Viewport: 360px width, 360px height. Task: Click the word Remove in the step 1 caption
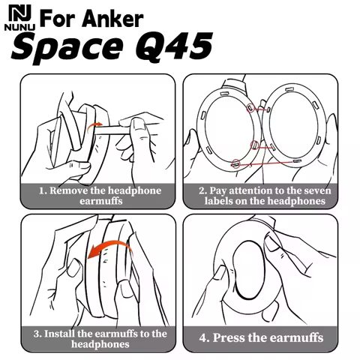pyautogui.click(x=73, y=190)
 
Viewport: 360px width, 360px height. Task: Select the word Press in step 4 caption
pyautogui.click(x=231, y=337)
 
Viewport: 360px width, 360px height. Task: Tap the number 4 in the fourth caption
pyautogui.click(x=202, y=337)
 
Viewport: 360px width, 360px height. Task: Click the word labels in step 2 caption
pyautogui.click(x=219, y=202)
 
